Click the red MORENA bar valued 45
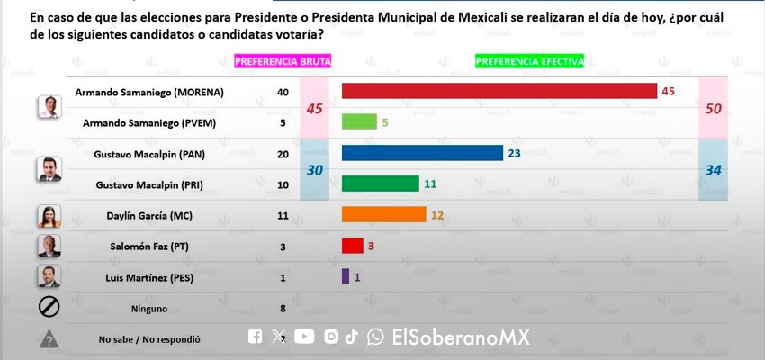[499, 91]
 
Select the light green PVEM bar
[359, 122]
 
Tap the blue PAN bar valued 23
[422, 153]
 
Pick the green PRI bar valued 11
[381, 184]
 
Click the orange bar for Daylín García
[383, 215]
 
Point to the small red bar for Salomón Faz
[352, 246]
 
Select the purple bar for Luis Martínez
[346, 276]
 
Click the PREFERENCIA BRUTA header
[283, 61]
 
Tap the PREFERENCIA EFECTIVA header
[529, 61]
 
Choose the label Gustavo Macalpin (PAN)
[149, 154]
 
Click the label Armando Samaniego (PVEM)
[149, 122]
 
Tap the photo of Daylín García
[49, 217]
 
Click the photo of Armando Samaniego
[49, 107]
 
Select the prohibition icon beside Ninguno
[49, 308]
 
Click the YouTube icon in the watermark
[304, 337]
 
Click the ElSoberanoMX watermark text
[460, 337]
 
